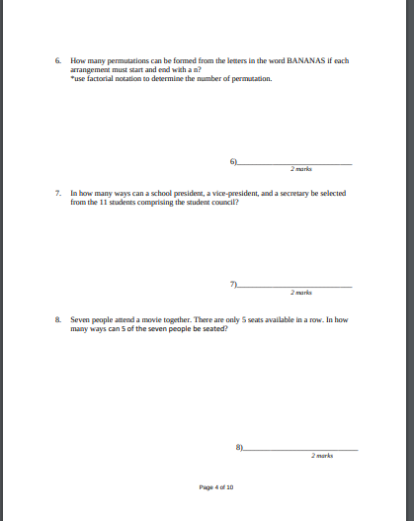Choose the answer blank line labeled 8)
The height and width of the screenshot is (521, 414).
(x=300, y=449)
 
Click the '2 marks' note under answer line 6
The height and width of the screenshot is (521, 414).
(x=301, y=169)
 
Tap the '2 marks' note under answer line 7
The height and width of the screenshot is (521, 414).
(x=301, y=293)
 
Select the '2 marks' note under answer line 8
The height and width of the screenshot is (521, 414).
(x=322, y=456)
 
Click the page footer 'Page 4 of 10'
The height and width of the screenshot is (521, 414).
(x=215, y=487)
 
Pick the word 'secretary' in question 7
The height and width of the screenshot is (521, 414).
(x=278, y=193)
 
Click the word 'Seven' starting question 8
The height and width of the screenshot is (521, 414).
(x=79, y=319)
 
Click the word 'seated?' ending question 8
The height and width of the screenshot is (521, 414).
(x=215, y=327)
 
